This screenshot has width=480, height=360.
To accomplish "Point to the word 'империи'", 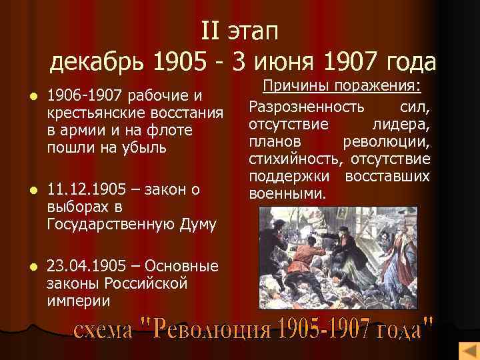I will point(79,301).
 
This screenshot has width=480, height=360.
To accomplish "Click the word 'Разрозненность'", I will point(307,107).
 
